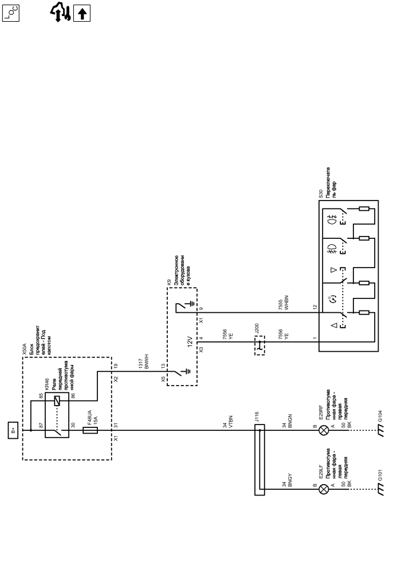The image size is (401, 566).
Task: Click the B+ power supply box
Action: tap(13, 430)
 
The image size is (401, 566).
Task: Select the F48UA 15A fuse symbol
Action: tap(91, 430)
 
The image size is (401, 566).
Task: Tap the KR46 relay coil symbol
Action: tap(57, 401)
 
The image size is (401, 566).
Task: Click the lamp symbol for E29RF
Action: tap(324, 430)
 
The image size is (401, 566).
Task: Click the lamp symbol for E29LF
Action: tap(324, 489)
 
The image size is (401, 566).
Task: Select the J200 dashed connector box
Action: tap(260, 345)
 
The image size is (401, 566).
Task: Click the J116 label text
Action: tap(257, 417)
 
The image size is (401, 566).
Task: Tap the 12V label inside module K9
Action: tap(190, 341)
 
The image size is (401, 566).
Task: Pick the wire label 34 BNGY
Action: tap(286, 480)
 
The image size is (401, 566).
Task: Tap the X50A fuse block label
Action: tap(24, 349)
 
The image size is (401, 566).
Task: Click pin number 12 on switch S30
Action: tap(314, 307)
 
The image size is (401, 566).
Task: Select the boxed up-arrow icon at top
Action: tap(82, 13)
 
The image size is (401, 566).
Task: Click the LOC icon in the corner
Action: tap(11, 13)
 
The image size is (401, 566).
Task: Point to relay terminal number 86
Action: tap(73, 396)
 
